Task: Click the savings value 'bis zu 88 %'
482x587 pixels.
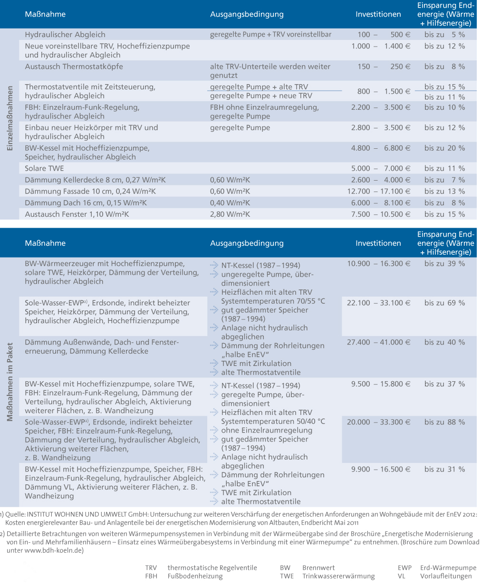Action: pyautogui.click(x=444, y=422)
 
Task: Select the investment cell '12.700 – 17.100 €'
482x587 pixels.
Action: pyautogui.click(x=378, y=192)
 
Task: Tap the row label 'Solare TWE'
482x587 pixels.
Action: pyautogui.click(x=44, y=169)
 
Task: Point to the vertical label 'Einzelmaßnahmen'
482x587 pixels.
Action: pyautogui.click(x=10, y=118)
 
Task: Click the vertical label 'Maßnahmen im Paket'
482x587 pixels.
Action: pyautogui.click(x=10, y=382)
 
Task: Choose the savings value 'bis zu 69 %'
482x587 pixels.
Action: pyautogui.click(x=444, y=303)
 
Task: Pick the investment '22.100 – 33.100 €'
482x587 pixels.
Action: pyautogui.click(x=378, y=303)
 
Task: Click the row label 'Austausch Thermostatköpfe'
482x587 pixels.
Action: pyautogui.click(x=74, y=67)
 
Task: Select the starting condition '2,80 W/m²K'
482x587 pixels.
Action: pyautogui.click(x=230, y=214)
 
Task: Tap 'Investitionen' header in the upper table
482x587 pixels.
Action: pyautogui.click(x=378, y=14)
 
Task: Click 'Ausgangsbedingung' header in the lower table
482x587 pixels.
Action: pyautogui.click(x=247, y=243)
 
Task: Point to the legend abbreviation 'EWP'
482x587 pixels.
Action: pyautogui.click(x=405, y=568)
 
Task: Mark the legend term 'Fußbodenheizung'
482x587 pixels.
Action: pyautogui.click(x=195, y=577)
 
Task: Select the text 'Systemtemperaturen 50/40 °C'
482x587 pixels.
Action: pyautogui.click(x=273, y=422)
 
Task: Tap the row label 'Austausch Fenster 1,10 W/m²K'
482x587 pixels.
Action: pyautogui.click(x=77, y=214)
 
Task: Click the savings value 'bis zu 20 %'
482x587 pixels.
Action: pyautogui.click(x=444, y=148)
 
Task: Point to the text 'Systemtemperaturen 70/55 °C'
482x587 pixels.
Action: pyautogui.click(x=273, y=301)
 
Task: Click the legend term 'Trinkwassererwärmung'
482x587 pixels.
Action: pyautogui.click(x=338, y=577)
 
